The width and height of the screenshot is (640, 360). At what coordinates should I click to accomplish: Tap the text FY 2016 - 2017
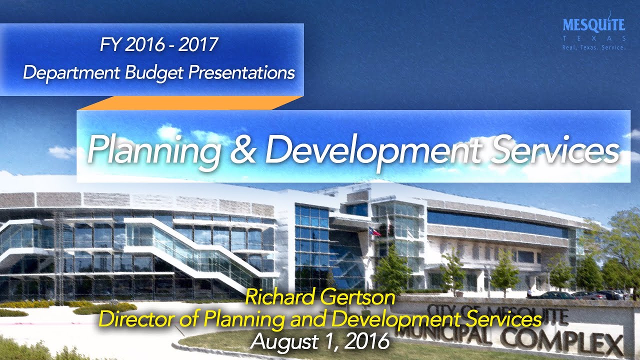click(x=159, y=45)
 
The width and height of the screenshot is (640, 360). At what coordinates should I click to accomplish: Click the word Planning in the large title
click(x=152, y=148)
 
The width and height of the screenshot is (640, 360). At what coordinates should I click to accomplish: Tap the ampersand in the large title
click(x=242, y=148)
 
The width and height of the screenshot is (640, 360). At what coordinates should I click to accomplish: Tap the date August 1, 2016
click(x=320, y=341)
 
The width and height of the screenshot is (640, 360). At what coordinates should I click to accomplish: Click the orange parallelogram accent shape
click(x=190, y=102)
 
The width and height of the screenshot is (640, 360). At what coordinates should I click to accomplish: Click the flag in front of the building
click(x=373, y=231)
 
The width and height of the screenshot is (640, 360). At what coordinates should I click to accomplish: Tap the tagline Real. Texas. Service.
click(x=593, y=47)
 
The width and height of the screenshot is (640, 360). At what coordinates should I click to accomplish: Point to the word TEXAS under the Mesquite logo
click(x=593, y=38)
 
